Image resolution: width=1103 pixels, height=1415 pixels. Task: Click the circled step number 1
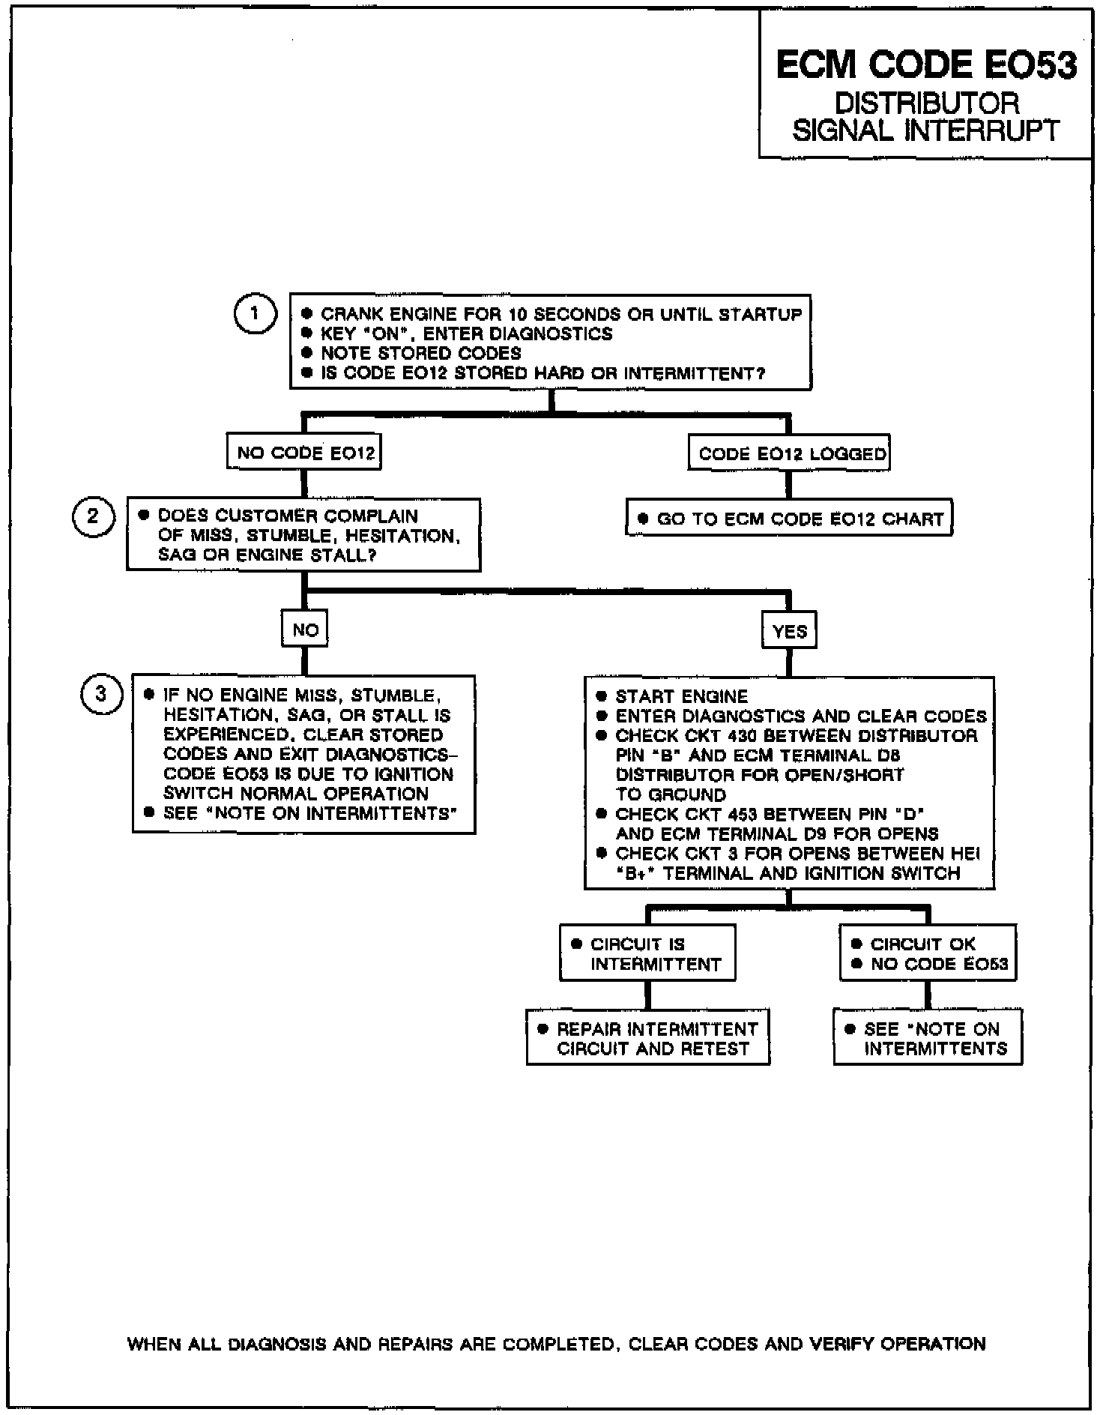(x=255, y=313)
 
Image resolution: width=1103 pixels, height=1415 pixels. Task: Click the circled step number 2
(x=93, y=516)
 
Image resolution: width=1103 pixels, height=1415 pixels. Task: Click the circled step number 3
(x=100, y=695)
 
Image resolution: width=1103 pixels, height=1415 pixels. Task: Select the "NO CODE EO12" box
(x=304, y=453)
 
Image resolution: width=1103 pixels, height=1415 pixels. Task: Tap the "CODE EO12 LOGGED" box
(x=790, y=453)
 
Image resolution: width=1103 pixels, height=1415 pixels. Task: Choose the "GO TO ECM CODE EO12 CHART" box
(x=789, y=519)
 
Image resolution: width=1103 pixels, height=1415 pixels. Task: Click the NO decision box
(x=305, y=630)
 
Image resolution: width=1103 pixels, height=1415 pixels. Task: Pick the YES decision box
(x=789, y=631)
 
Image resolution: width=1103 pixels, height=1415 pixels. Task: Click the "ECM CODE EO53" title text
(x=926, y=65)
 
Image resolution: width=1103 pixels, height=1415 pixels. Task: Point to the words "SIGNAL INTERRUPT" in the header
(x=926, y=131)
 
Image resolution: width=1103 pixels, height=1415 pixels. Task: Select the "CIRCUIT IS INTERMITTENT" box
(x=647, y=953)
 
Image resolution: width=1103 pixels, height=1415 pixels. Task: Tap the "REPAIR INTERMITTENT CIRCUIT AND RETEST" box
(x=648, y=1038)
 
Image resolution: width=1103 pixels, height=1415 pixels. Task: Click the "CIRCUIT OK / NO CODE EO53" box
(x=928, y=953)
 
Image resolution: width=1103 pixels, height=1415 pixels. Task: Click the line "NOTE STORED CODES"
(x=420, y=354)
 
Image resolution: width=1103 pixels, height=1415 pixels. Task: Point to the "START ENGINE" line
(x=681, y=697)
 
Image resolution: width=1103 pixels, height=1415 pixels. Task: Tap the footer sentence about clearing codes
(x=556, y=1345)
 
